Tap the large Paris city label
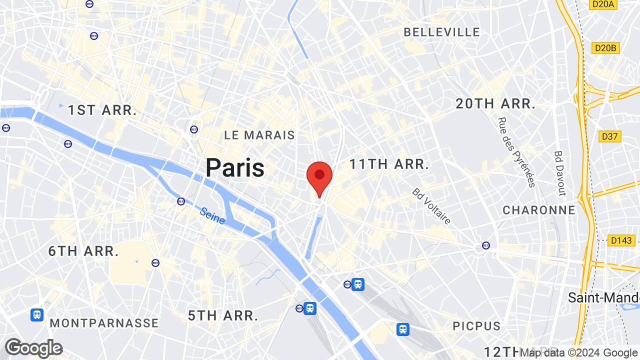click(x=235, y=168)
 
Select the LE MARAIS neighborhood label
click(x=259, y=135)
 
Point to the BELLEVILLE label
click(x=441, y=32)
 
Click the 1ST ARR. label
click(x=102, y=110)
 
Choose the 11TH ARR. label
click(x=389, y=164)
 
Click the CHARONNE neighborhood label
click(x=539, y=210)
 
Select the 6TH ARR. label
click(x=83, y=251)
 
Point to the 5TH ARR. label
click(x=223, y=315)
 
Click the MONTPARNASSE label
click(x=104, y=323)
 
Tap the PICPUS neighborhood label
click(x=476, y=326)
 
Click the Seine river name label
click(x=212, y=215)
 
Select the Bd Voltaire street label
click(x=431, y=206)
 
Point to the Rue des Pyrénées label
click(x=516, y=152)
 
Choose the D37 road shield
click(x=609, y=136)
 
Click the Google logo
click(x=33, y=348)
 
